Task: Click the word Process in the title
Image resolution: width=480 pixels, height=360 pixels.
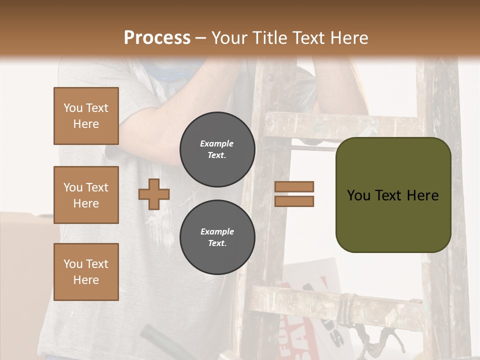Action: tap(157, 37)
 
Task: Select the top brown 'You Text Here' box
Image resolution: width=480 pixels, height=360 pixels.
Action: tap(86, 116)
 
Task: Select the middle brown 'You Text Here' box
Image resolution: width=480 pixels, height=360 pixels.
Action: tap(86, 195)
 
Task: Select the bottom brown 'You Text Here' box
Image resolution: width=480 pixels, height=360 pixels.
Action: tap(86, 272)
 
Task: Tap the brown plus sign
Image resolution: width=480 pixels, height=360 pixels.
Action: tap(153, 194)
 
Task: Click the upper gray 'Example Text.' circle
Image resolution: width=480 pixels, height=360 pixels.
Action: tap(217, 149)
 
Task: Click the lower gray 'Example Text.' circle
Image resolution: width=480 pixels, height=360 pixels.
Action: tap(217, 237)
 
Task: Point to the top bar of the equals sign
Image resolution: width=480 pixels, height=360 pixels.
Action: tap(294, 187)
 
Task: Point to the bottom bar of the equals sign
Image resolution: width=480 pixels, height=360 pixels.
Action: tap(294, 201)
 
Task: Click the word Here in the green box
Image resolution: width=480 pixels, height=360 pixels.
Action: tap(422, 195)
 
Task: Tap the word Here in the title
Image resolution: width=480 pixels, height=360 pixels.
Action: tap(348, 37)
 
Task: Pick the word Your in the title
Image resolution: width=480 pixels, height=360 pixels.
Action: tap(228, 37)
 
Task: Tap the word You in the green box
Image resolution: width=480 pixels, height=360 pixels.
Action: tap(358, 195)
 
